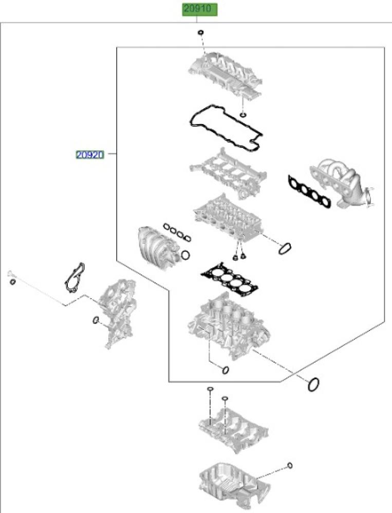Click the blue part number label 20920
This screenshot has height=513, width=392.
(90, 154)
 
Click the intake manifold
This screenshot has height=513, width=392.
(157, 246)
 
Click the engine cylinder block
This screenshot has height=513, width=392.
(229, 326)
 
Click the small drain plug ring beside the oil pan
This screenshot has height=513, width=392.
(290, 466)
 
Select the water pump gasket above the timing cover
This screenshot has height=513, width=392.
(74, 278)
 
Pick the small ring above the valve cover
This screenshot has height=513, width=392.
(201, 33)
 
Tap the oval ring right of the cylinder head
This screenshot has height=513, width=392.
(285, 248)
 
